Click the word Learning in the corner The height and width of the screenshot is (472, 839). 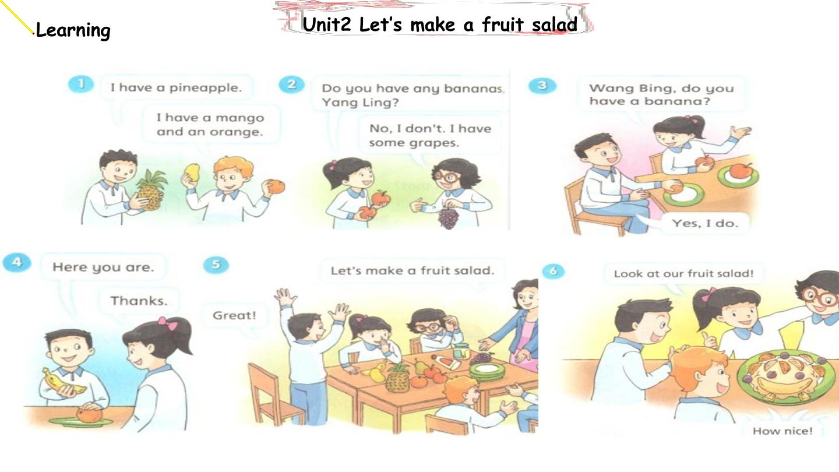73,30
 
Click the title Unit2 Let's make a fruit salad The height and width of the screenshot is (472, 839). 440,24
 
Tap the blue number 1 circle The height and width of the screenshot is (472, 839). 81,84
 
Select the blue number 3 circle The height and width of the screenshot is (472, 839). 542,86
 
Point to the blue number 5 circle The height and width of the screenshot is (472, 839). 216,265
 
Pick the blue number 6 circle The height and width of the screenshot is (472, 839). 553,271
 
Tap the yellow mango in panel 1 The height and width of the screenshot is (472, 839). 192,173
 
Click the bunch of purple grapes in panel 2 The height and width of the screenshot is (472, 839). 449,218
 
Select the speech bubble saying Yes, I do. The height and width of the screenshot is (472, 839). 705,224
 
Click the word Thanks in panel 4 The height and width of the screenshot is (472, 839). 139,301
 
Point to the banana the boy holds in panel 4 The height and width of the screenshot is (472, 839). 64,383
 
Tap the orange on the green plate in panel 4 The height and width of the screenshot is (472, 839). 89,415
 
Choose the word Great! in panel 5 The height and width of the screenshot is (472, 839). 234,315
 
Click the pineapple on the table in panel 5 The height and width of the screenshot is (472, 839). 397,378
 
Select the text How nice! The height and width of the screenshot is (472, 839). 782,431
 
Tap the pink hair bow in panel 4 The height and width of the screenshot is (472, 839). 167,323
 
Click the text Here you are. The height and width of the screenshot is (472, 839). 103,267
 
